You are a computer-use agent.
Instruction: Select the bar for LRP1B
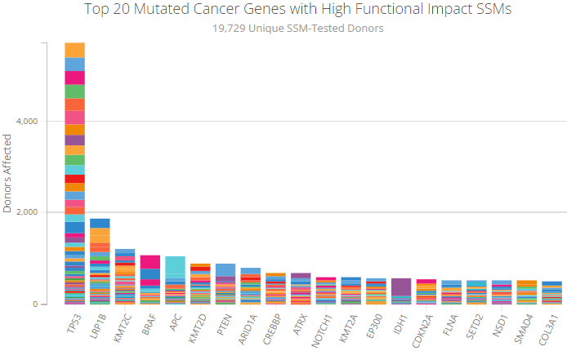tap(100, 261)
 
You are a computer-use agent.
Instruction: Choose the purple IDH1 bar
tap(401, 291)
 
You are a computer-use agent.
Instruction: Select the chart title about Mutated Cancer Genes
tap(283, 10)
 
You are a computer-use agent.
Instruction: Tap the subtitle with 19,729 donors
tap(283, 29)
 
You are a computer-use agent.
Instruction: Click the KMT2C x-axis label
tap(123, 324)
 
